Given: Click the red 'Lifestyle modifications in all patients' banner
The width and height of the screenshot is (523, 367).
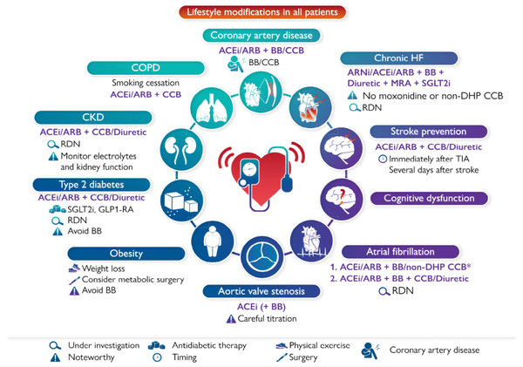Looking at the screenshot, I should click(261, 12).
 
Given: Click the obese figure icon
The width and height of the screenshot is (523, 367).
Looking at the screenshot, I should click(210, 237).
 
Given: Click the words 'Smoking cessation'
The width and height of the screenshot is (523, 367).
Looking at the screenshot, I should click(143, 84).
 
